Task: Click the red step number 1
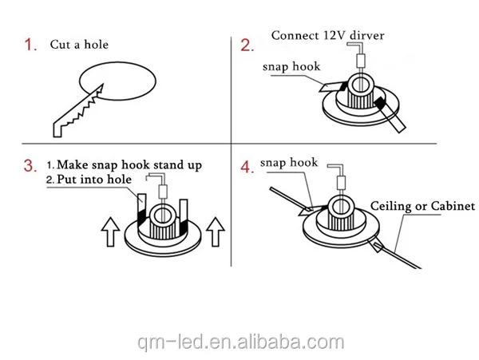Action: point(30,45)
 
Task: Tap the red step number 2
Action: point(247,45)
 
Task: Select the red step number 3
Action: point(30,166)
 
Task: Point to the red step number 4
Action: point(247,168)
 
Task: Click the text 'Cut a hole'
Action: point(79,45)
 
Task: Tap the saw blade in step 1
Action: point(78,111)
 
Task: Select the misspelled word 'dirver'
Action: point(367,35)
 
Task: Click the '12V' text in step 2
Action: point(331,35)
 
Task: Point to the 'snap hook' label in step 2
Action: point(291,66)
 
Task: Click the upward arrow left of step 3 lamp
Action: point(110,231)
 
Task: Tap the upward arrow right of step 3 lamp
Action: point(216,231)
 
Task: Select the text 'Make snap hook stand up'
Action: point(129,165)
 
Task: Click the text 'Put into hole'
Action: point(94,180)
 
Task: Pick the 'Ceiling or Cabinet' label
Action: point(423,206)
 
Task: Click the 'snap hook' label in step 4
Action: point(289,163)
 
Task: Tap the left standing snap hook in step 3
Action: point(141,209)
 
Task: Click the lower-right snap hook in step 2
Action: point(390,114)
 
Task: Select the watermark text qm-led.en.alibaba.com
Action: point(241,342)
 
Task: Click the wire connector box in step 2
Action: point(361,61)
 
